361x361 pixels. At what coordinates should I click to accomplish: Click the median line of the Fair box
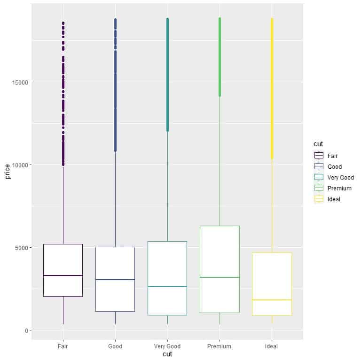[63, 275]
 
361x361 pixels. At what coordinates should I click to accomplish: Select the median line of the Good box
[115, 280]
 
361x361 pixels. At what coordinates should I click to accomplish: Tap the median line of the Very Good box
[167, 286]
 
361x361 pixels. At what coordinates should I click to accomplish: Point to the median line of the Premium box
[220, 277]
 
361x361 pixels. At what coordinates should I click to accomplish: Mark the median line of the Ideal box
[272, 300]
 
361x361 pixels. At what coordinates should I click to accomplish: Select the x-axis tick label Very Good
[167, 346]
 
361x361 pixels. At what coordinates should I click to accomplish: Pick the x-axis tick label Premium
[220, 346]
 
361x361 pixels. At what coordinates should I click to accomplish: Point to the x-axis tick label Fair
[63, 346]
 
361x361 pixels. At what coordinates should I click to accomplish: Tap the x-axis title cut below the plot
[167, 354]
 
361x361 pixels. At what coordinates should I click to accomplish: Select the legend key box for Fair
[319, 156]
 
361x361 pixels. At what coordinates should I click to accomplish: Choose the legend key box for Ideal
[319, 199]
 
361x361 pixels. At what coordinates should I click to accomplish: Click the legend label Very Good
[341, 178]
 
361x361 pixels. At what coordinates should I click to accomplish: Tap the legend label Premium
[339, 188]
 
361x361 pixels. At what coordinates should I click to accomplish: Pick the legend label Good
[335, 167]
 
